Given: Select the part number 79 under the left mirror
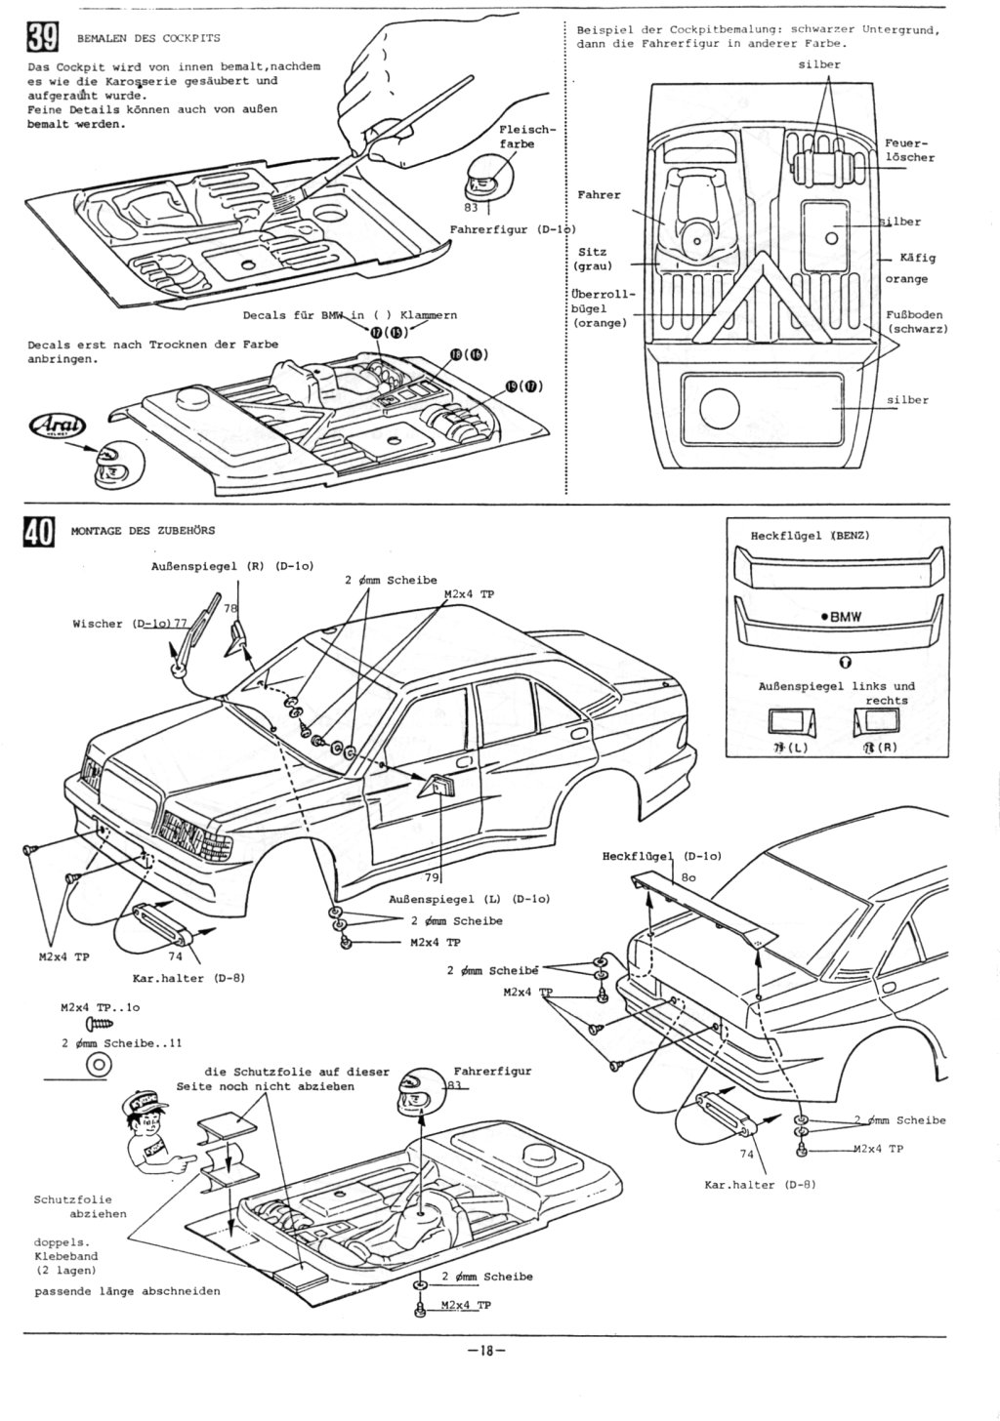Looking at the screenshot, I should [x=431, y=876].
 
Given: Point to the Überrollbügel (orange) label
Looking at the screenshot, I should [x=602, y=307].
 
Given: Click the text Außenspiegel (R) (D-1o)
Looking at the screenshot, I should [x=232, y=566].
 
